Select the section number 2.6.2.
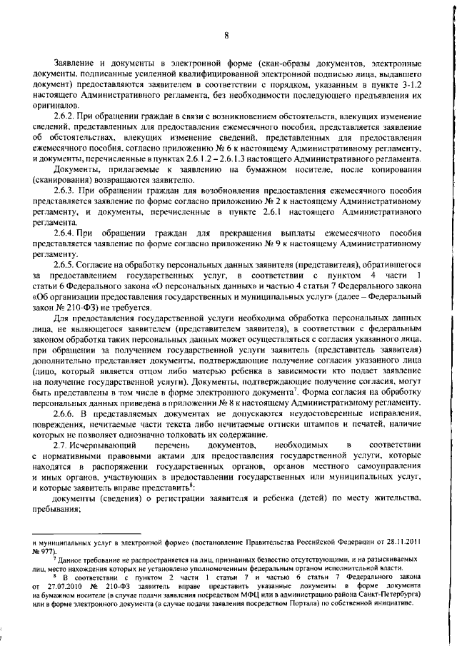(76, 116)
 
